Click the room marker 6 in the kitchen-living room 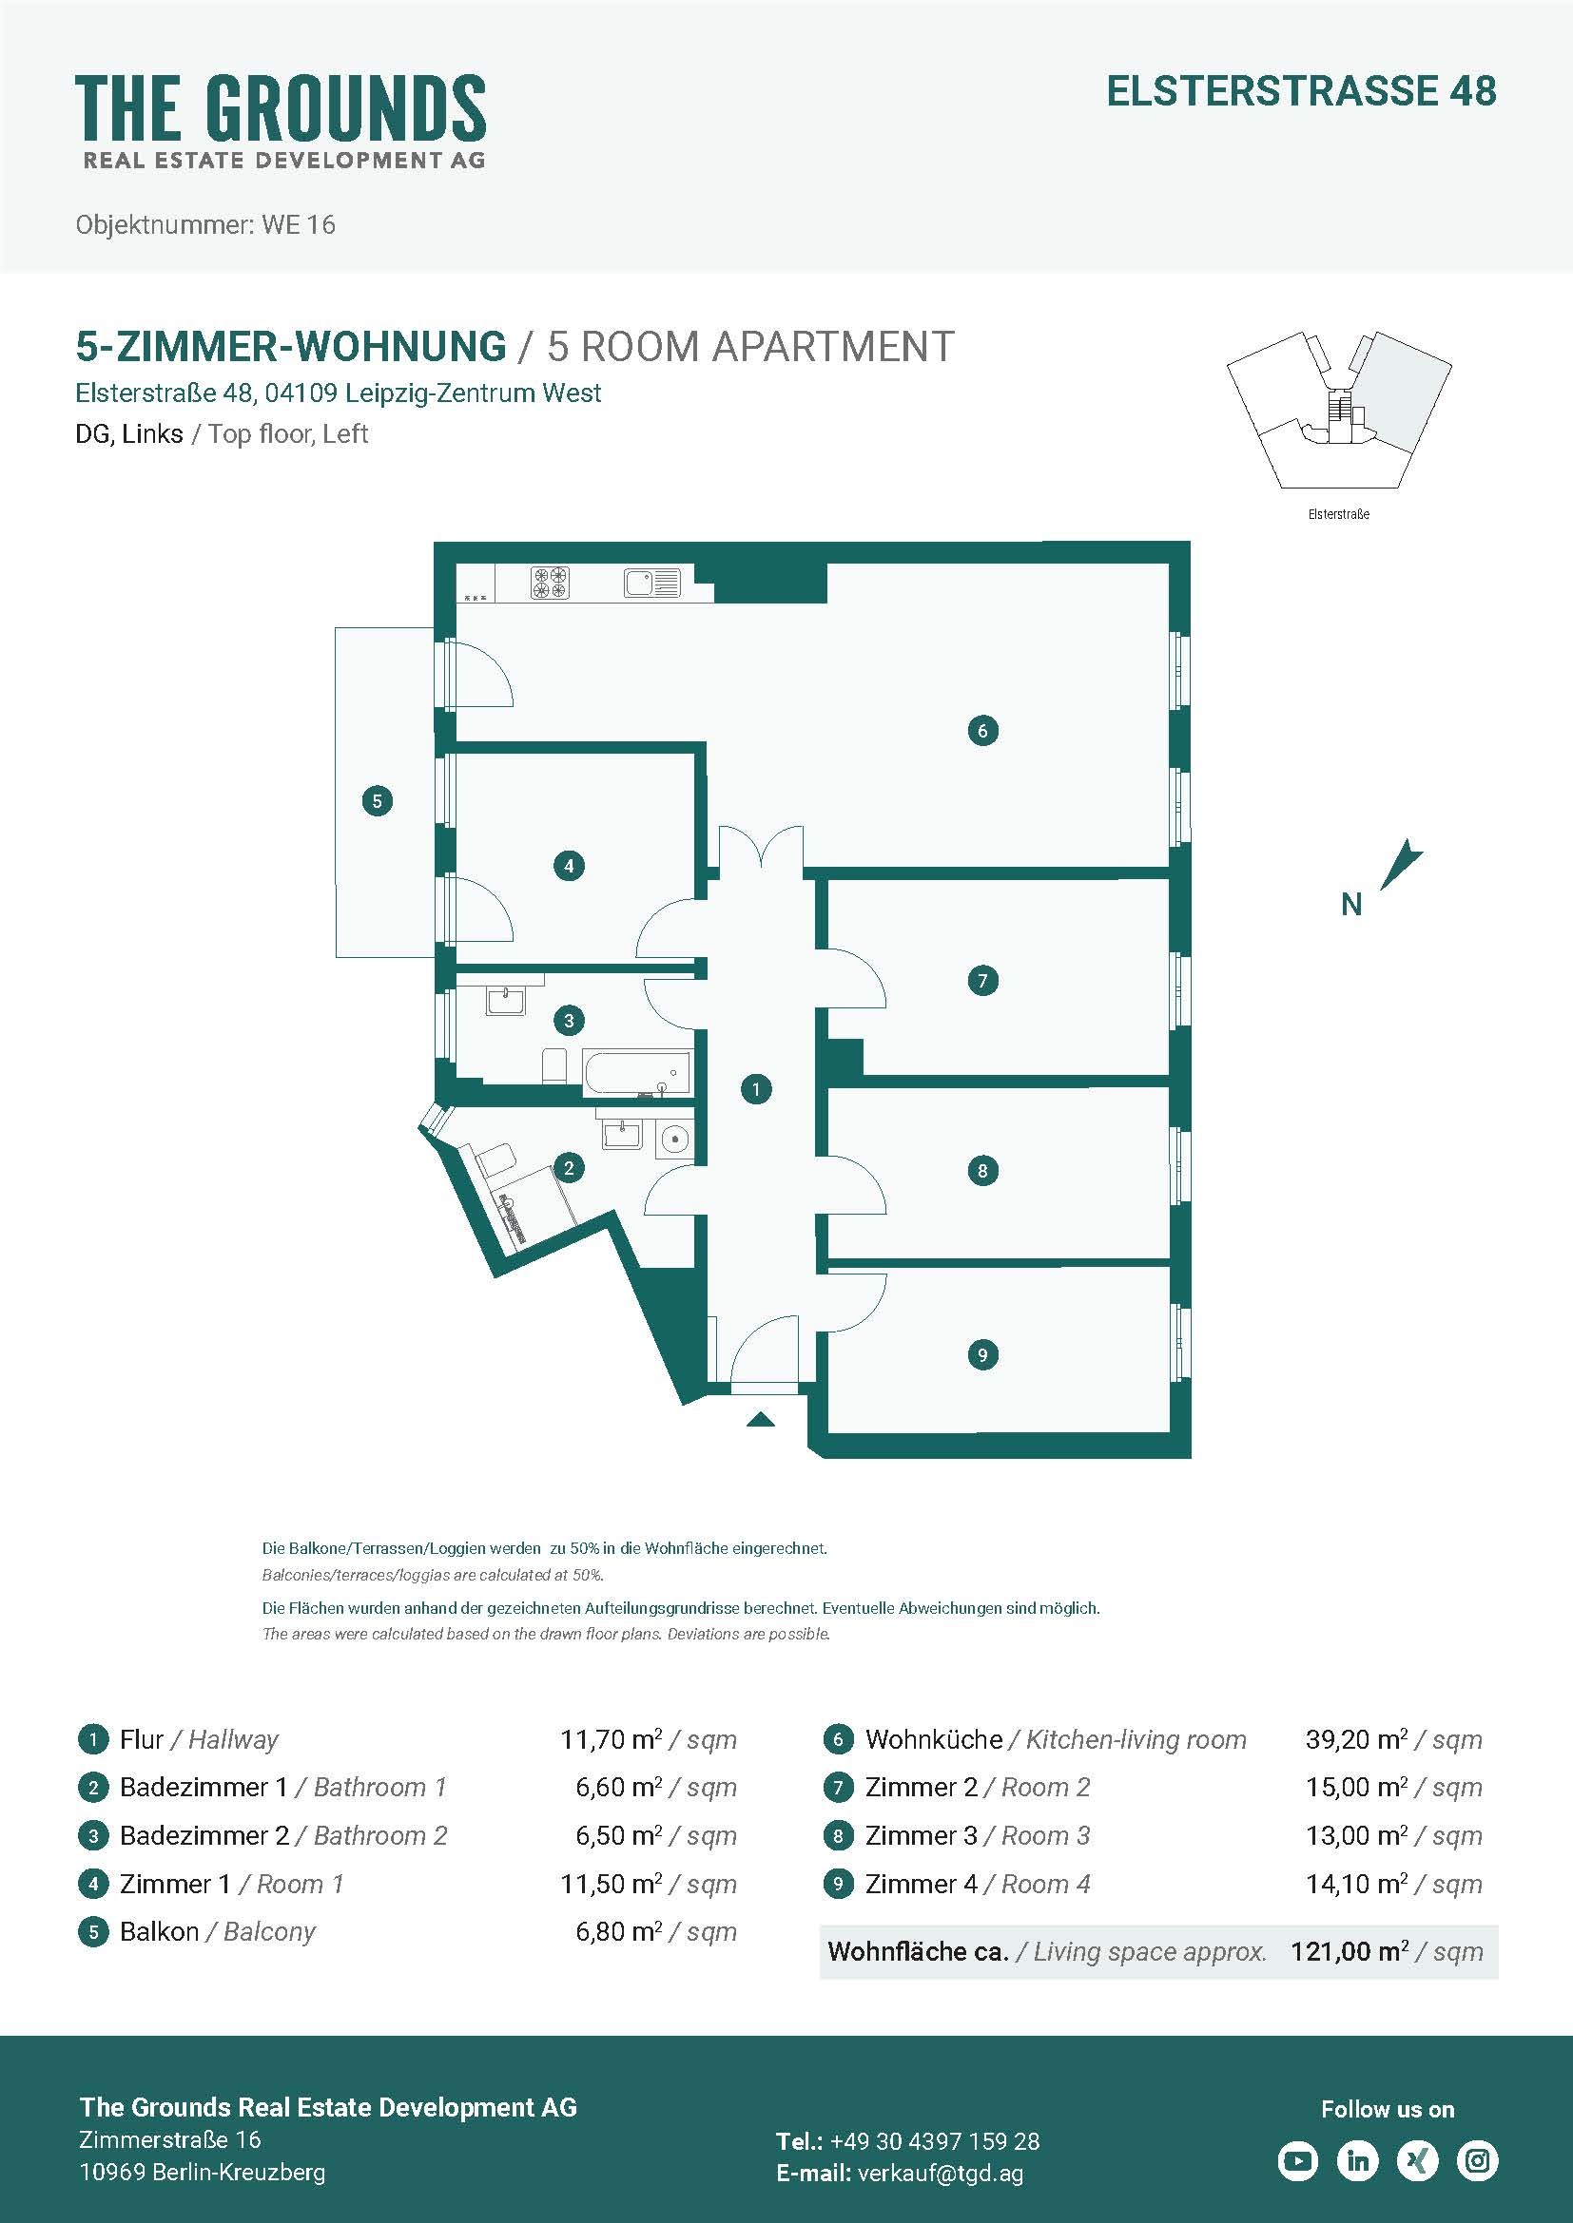click(x=982, y=730)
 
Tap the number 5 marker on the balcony click(x=377, y=800)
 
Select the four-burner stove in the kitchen click(x=550, y=583)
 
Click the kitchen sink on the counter click(x=651, y=583)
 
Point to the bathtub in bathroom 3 click(x=636, y=1074)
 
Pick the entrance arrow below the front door click(x=761, y=1419)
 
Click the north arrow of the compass click(x=1401, y=864)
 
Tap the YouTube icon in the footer click(x=1298, y=2160)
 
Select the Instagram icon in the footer click(x=1477, y=2160)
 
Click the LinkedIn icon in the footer click(x=1358, y=2160)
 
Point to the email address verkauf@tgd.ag click(x=941, y=2173)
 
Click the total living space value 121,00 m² click(x=1350, y=1951)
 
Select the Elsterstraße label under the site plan click(x=1339, y=514)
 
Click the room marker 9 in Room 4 click(x=982, y=1354)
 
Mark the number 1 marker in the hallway click(x=755, y=1089)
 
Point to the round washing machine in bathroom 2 click(x=674, y=1140)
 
